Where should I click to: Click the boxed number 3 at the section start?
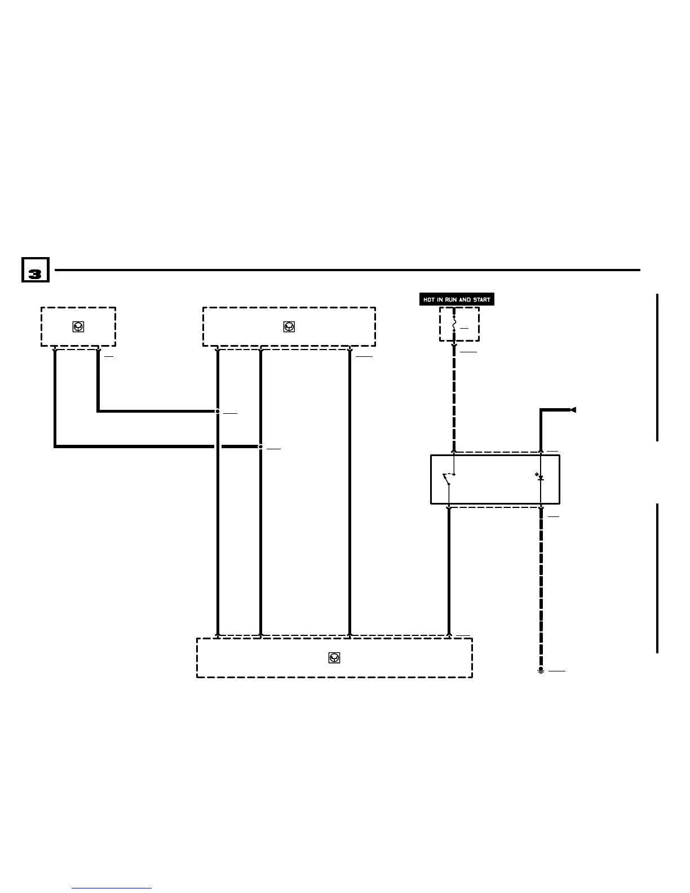coord(35,270)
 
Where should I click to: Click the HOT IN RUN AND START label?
coord(457,299)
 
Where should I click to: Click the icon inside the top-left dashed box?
coord(78,326)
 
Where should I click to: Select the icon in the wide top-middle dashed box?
coord(289,326)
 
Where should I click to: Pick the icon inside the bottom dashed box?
coord(334,657)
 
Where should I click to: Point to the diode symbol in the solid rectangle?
coord(540,478)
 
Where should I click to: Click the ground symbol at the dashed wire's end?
coord(541,671)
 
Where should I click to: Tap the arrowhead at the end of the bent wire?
coord(573,410)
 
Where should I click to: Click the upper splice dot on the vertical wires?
coord(218,412)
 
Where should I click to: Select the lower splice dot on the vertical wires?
coord(260,446)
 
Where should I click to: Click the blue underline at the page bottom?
coord(112,888)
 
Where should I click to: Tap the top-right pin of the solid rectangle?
coord(541,451)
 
